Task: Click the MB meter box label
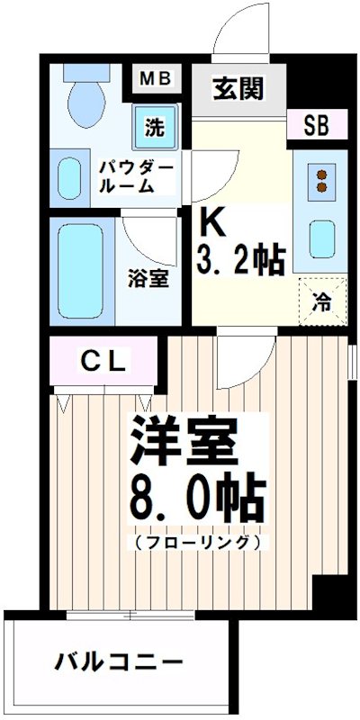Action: tap(159, 79)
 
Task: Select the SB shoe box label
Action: tap(316, 125)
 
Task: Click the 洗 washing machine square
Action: tap(155, 127)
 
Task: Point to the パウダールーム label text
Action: tap(128, 177)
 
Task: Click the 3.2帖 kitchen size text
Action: tap(241, 260)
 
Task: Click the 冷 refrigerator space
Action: tap(320, 301)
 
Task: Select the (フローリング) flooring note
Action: tap(198, 543)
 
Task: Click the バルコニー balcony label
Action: tap(119, 666)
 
